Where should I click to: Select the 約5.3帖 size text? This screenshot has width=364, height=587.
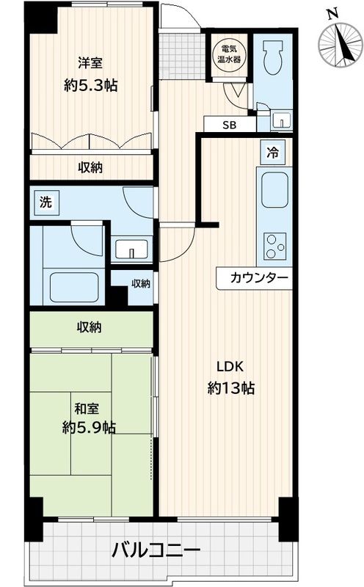[90, 84]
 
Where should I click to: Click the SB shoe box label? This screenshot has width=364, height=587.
[230, 125]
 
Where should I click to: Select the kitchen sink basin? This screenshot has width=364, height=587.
[273, 192]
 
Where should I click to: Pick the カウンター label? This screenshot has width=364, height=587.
[254, 277]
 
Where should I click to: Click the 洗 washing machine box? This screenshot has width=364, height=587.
[45, 202]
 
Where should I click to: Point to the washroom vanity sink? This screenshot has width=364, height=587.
[132, 249]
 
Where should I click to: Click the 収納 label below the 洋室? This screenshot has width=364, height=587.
[90, 167]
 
